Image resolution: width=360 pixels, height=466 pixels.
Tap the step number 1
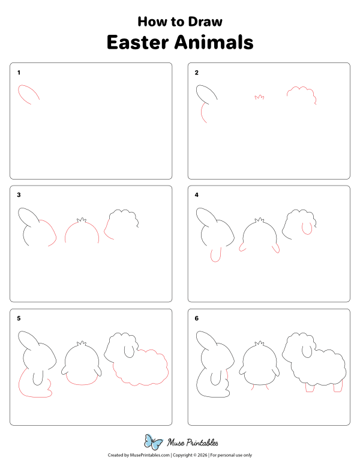point(19,73)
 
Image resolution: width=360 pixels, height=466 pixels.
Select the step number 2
point(196,73)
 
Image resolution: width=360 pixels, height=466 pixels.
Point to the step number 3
point(19,195)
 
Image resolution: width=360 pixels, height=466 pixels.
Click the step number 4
point(196,195)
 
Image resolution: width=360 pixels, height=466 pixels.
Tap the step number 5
point(19,318)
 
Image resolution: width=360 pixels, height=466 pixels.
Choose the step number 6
point(196,318)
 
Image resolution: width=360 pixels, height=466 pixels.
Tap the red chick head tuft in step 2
point(260,97)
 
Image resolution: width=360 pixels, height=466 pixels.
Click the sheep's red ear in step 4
point(307,228)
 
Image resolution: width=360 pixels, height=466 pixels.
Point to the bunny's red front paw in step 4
point(215,255)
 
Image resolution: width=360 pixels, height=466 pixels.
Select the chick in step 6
point(260,365)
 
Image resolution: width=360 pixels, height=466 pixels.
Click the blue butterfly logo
point(154,443)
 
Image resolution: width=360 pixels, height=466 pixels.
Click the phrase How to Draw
point(180,22)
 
